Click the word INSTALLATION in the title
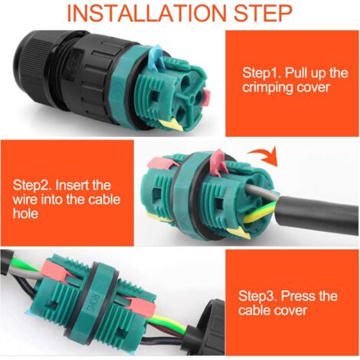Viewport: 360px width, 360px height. (146, 13)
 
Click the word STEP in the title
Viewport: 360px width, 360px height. (263, 13)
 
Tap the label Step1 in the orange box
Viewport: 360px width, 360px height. (261, 73)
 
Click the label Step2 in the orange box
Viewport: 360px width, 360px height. (32, 185)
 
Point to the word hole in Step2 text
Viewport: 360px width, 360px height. (25, 213)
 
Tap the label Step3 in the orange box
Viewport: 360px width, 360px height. (257, 296)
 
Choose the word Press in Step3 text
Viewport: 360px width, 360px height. (298, 296)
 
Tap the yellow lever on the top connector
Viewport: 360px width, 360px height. (171, 124)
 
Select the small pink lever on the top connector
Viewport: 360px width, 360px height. (206, 98)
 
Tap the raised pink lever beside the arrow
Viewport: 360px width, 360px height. (218, 162)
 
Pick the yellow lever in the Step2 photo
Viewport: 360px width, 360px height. (239, 234)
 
